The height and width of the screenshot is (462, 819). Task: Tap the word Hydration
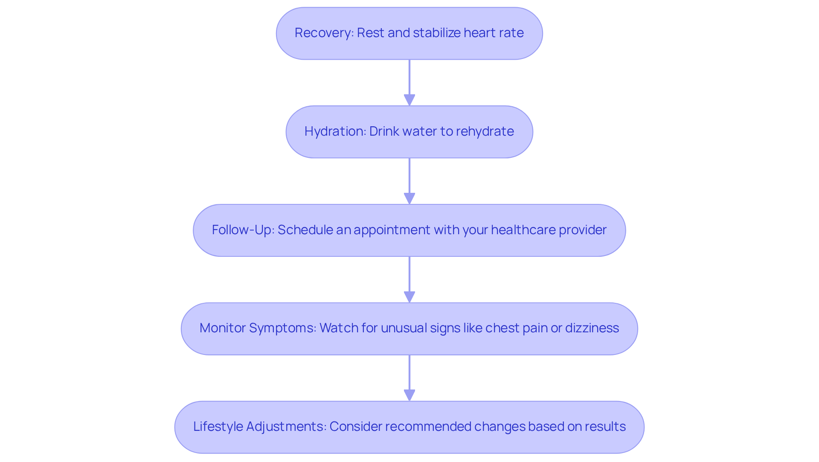point(334,131)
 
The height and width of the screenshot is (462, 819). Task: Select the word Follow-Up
point(243,230)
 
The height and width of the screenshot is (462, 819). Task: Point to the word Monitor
point(222,328)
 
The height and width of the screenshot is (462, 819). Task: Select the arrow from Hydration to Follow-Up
point(409,181)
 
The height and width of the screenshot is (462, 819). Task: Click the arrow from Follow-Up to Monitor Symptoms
point(409,279)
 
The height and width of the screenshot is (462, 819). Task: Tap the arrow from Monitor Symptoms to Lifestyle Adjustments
point(409,378)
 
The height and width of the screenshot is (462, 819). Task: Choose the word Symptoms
point(282,328)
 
